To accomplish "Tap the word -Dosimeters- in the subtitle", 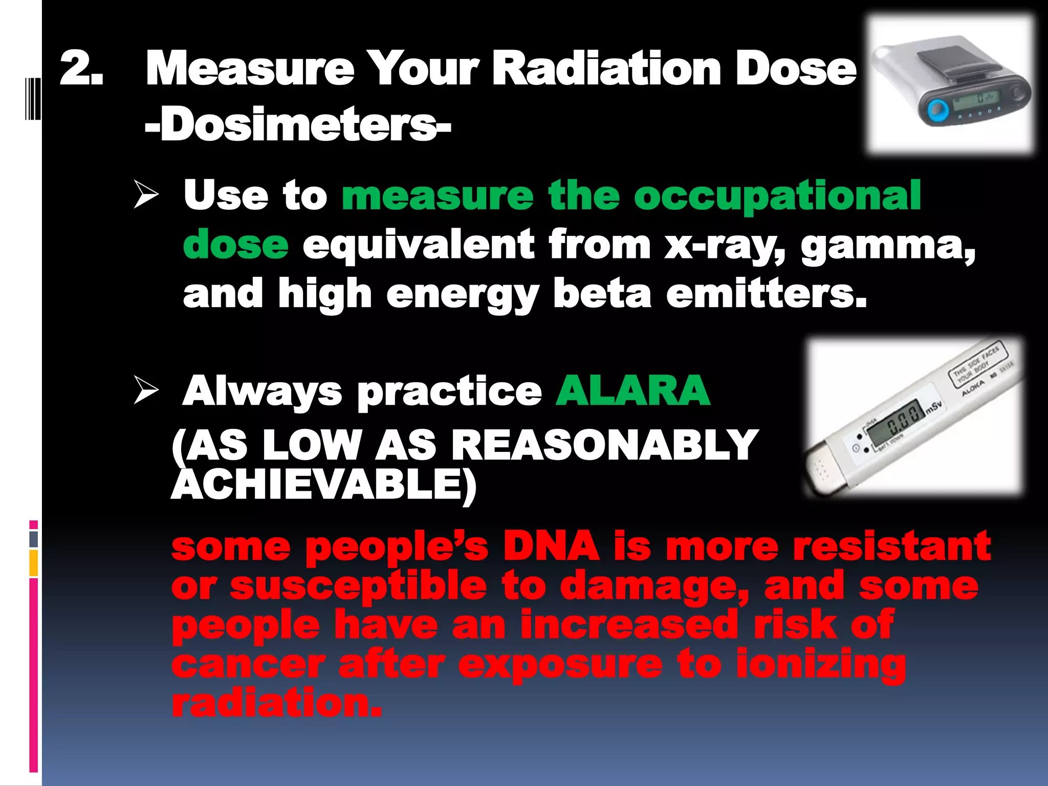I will pyautogui.click(x=297, y=125).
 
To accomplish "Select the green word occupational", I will pyautogui.click(x=777, y=196).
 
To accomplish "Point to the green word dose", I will pyautogui.click(x=236, y=245).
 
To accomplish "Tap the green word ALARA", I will pyautogui.click(x=633, y=390).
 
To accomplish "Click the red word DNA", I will pyautogui.click(x=552, y=545).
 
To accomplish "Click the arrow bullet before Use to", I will pyautogui.click(x=146, y=194).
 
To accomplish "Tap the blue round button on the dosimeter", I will pyautogui.click(x=937, y=109).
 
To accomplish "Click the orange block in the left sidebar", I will pyautogui.click(x=34, y=563).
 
